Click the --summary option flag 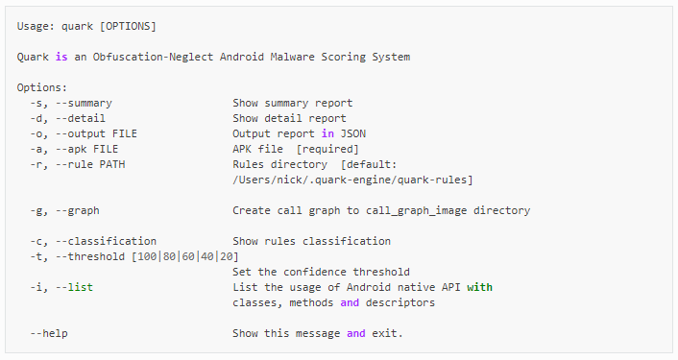tap(84, 104)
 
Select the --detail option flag tap(81, 118)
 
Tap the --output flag tap(81, 134)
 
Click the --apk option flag tap(71, 149)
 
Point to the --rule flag tap(74, 165)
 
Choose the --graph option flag tap(78, 211)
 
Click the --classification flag tap(106, 241)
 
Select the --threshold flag tap(90, 256)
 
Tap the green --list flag tap(74, 287)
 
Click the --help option tap(49, 334)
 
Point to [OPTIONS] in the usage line tap(128, 26)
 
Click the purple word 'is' tap(61, 57)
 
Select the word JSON tap(353, 134)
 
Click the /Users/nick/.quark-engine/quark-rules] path tap(352, 180)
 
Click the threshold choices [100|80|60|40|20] tap(185, 256)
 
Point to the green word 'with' tap(479, 287)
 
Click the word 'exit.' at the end tap(387, 334)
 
